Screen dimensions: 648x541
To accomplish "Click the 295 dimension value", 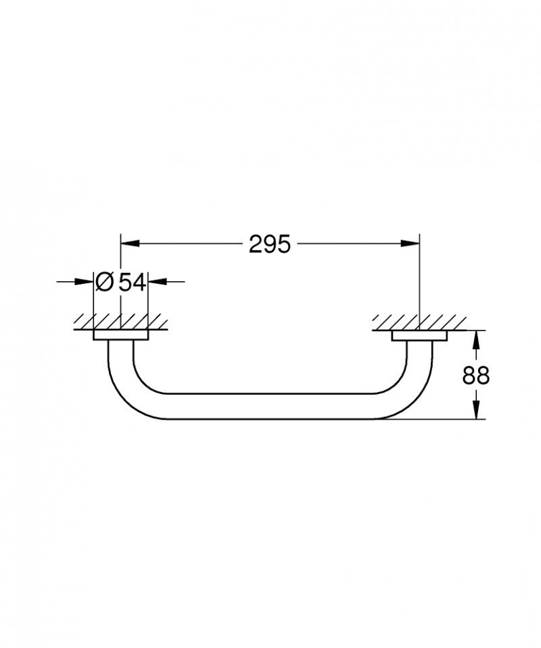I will [x=269, y=244].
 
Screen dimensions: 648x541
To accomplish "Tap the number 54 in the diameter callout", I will [x=133, y=282].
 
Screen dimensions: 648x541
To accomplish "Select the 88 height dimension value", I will [x=476, y=375].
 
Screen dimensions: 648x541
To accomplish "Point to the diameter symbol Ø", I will [x=104, y=282].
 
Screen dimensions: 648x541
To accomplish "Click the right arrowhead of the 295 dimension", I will [x=412, y=244].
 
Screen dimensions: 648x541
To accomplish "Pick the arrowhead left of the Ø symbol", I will [x=86, y=282].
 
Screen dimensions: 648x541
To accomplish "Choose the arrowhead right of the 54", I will [x=155, y=282].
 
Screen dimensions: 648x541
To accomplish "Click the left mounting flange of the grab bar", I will [x=120, y=337].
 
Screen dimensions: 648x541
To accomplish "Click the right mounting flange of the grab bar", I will [x=419, y=337].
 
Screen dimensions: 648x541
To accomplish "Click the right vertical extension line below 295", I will [x=420, y=284].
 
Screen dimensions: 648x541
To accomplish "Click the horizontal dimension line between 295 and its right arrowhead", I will [x=352, y=244].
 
